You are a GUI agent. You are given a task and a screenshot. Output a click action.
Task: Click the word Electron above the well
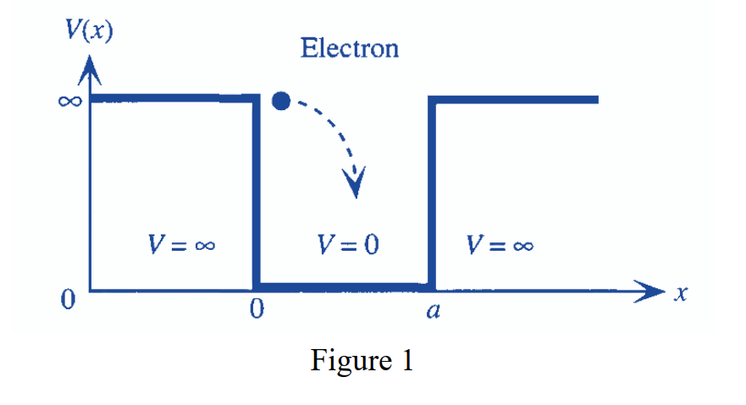(349, 48)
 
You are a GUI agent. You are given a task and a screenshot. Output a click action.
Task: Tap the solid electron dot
(281, 102)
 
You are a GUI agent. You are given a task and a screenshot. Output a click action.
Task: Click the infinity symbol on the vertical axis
(69, 101)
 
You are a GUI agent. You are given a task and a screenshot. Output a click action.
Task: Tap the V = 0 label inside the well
(348, 246)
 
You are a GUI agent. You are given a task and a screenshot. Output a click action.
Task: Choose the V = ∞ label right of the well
(500, 246)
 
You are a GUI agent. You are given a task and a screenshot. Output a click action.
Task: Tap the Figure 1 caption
(362, 361)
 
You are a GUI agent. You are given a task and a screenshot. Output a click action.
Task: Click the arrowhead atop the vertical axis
(90, 73)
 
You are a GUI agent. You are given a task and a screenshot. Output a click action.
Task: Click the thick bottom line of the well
(343, 287)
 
